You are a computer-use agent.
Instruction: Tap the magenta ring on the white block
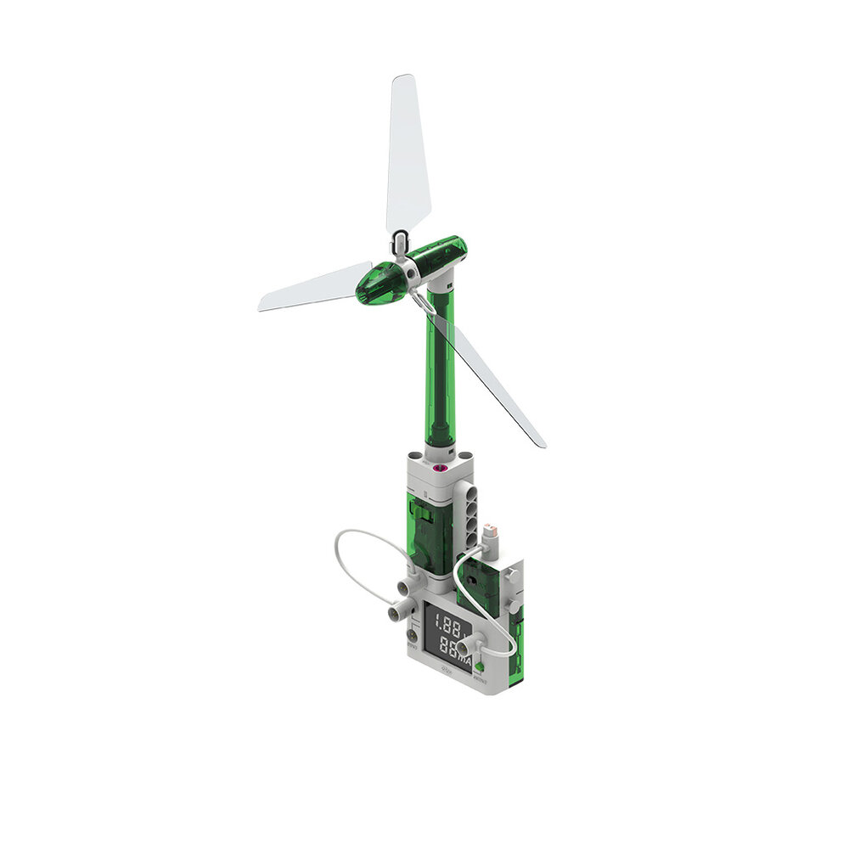tap(440, 467)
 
